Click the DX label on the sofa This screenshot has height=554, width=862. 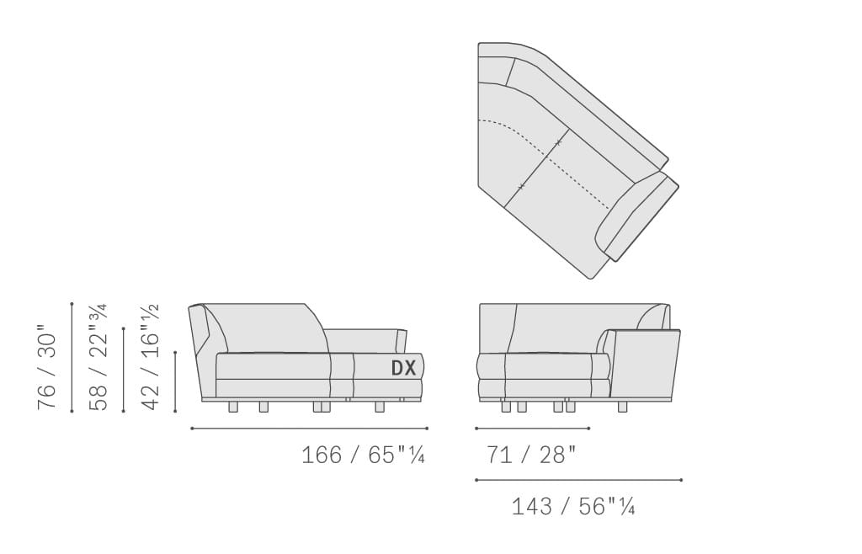[x=403, y=368]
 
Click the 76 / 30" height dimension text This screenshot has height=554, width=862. [x=47, y=370]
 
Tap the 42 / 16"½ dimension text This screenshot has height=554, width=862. [x=150, y=357]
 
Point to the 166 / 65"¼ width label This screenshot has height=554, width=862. [x=363, y=455]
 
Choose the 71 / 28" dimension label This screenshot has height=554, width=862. [x=532, y=455]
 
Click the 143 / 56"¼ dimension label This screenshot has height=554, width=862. [x=573, y=506]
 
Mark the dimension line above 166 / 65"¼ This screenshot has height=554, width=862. [x=310, y=429]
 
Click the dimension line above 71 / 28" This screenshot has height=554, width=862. [x=533, y=429]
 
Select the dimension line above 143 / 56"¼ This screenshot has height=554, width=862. [x=579, y=480]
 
